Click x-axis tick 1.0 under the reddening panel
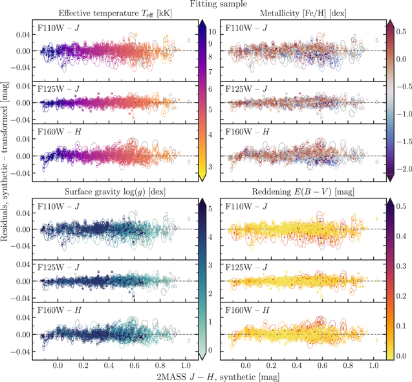click(374, 364)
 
